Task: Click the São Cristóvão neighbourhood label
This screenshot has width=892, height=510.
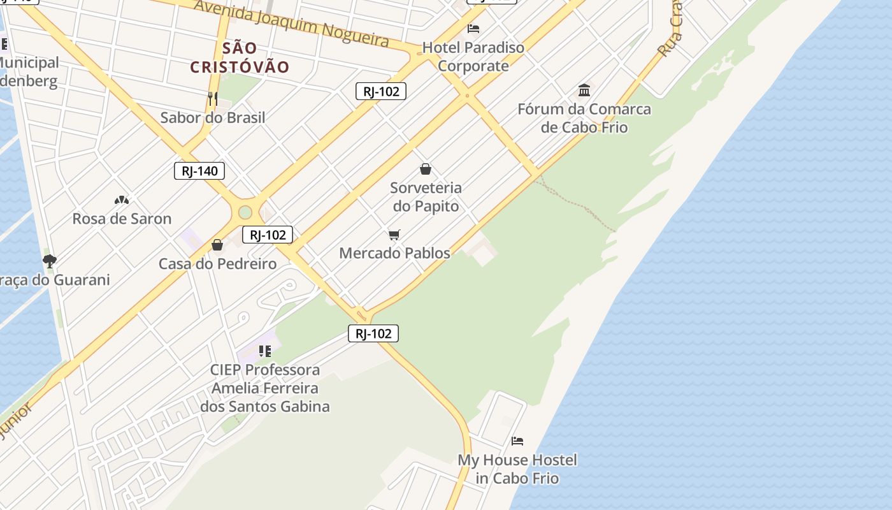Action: coord(240,57)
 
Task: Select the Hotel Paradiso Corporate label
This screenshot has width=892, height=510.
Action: coord(473,57)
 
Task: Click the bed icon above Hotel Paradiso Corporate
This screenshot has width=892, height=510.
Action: coord(473,29)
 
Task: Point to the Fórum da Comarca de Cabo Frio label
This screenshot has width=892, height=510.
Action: coord(584,118)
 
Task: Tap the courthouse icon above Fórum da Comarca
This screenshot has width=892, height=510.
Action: coord(584,90)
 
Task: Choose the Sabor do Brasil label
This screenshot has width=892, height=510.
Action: coord(213,117)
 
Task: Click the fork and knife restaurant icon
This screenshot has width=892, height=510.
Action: coord(213,99)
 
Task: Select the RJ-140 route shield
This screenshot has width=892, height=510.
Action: coord(199,171)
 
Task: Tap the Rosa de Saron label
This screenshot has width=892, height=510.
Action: coord(122,219)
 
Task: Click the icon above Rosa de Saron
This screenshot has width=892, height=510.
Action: coord(122,200)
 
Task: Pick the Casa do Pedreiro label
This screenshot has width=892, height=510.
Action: coord(217,264)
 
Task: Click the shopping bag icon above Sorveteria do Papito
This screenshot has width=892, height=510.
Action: coord(426,169)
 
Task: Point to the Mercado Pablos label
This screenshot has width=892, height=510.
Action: coord(394,253)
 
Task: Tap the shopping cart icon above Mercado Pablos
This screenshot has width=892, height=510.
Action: coord(394,235)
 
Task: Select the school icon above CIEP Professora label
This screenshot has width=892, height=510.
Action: coord(265,351)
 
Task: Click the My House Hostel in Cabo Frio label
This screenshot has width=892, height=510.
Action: coord(517,469)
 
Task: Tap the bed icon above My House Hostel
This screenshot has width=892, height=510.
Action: coord(517,441)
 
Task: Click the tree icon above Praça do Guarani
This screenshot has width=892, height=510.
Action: coord(49,261)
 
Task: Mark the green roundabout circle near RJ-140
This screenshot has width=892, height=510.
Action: coord(245,212)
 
